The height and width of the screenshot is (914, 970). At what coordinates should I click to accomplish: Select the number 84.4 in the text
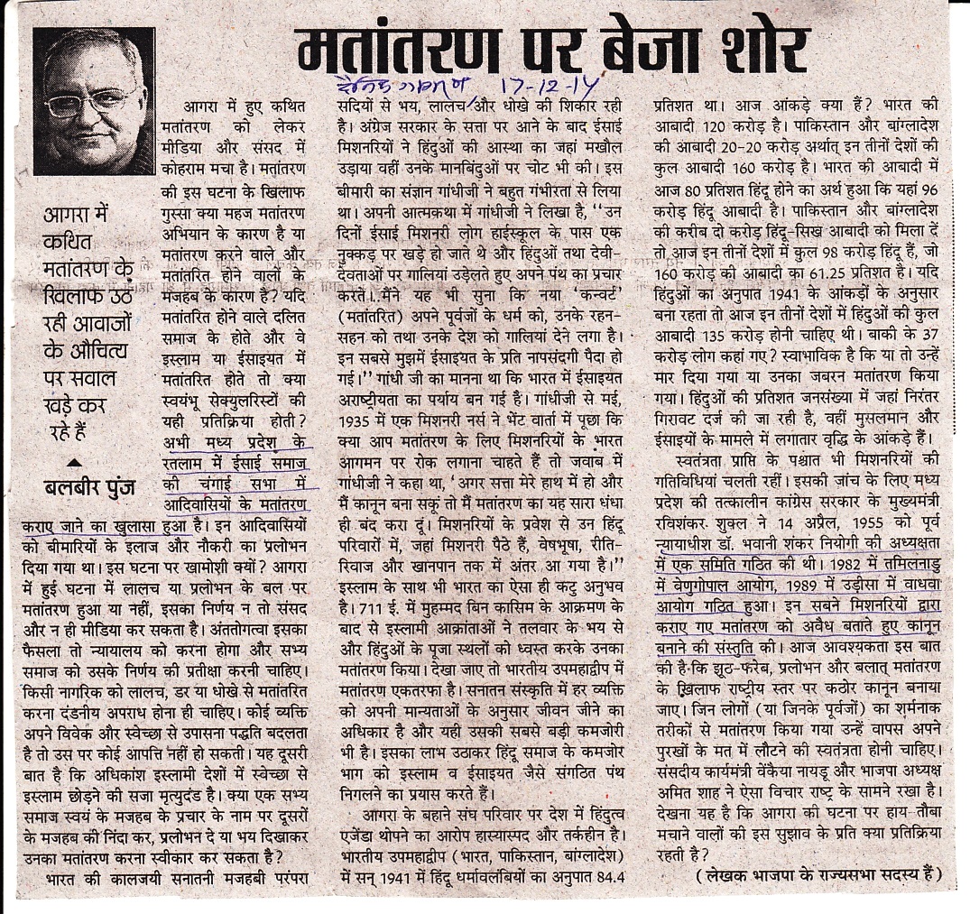point(618,874)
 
